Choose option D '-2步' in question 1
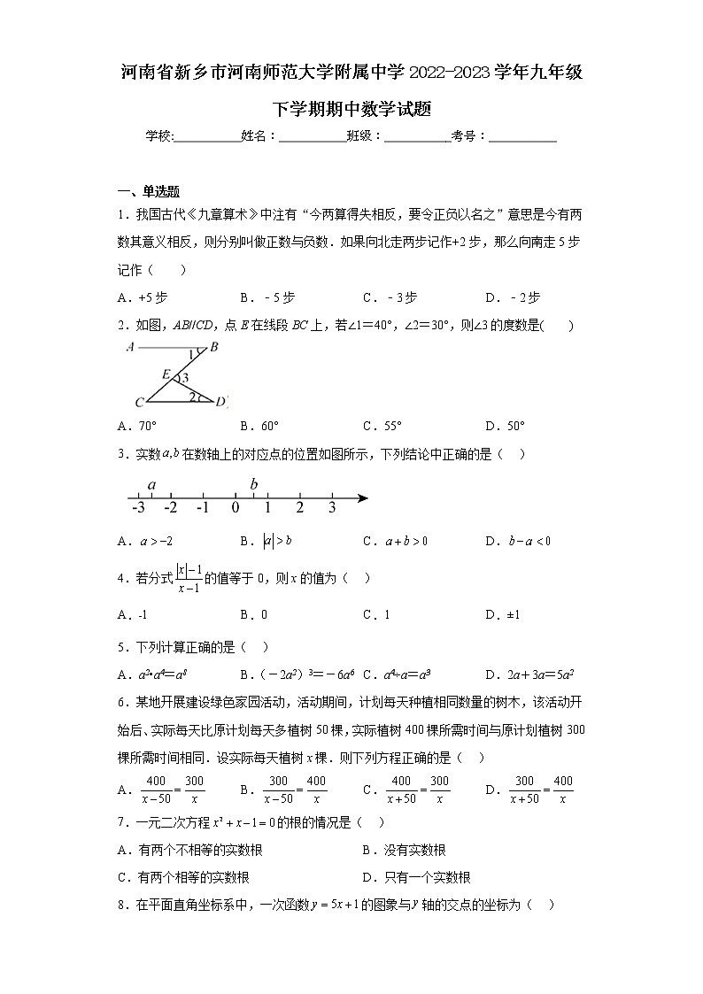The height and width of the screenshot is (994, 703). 513,297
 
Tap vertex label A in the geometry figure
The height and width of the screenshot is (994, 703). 131,347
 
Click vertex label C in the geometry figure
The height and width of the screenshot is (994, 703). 139,404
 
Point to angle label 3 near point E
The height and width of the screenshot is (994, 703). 185,378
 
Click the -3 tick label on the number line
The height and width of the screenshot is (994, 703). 137,508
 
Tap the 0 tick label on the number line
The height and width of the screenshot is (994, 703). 236,508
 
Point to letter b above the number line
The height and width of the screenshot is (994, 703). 254,483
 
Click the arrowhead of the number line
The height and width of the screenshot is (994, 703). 362,499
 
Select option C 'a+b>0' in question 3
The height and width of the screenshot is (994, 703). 395,541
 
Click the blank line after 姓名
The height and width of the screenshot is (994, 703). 312,136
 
